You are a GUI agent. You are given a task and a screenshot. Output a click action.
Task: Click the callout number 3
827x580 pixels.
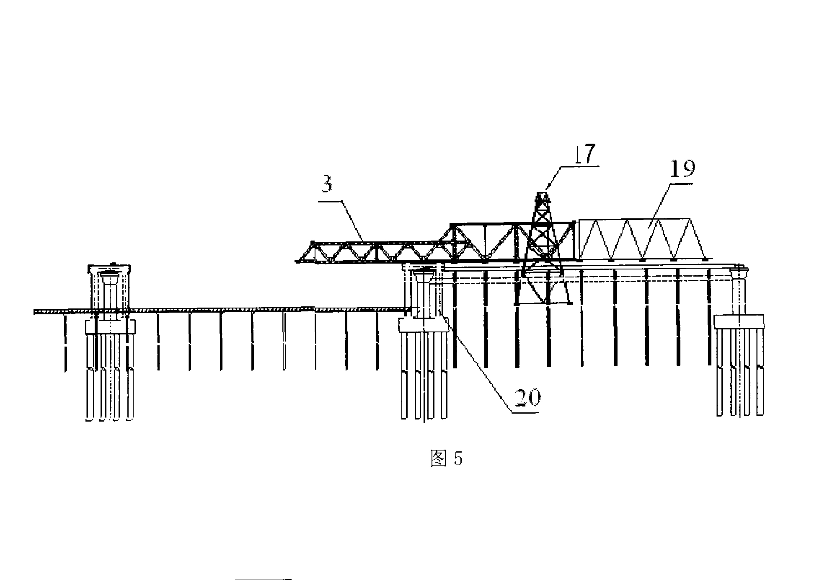(327, 185)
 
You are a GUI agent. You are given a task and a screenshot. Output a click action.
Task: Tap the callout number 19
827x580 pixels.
(682, 169)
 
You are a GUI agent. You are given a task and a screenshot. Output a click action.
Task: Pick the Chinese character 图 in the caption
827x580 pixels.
(438, 459)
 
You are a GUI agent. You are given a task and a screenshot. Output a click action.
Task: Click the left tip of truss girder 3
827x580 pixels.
(297, 262)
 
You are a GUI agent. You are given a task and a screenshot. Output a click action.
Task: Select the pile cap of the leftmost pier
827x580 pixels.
(110, 326)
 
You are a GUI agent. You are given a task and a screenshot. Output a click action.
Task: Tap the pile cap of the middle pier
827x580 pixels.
(424, 325)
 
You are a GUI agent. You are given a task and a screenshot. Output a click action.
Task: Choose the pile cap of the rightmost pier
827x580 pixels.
(739, 321)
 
